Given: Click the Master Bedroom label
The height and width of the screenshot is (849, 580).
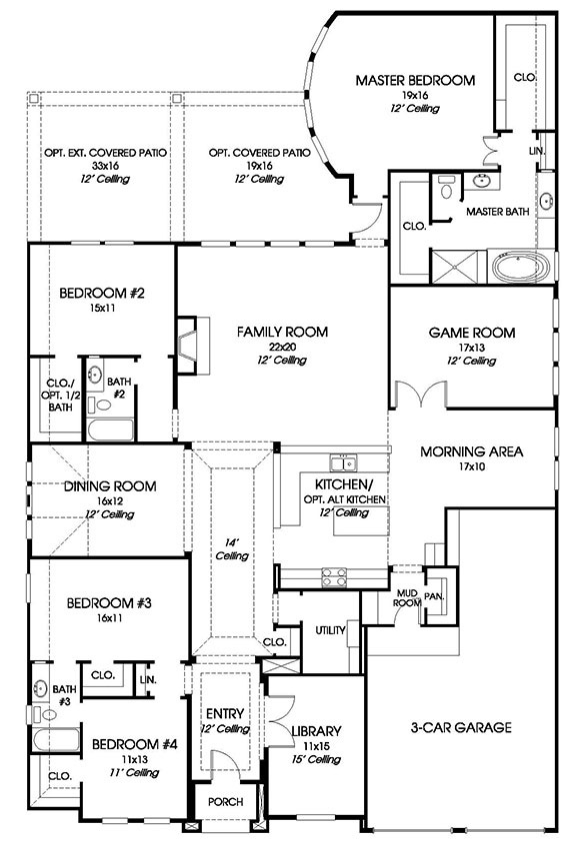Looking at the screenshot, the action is pos(415,80).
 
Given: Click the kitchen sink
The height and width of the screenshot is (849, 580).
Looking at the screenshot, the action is pos(343,463).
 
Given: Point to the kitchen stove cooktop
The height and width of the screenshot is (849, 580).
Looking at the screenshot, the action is pos(334,577).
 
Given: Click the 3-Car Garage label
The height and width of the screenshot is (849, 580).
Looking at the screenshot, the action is pos(461,727).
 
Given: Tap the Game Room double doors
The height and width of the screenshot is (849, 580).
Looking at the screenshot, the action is pos(421,394).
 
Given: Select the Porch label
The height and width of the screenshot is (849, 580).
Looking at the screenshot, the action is pos(225,801).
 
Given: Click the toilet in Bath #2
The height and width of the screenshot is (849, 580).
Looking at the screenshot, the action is pos(99,404).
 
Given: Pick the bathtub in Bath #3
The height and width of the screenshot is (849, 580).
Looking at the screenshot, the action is pos(55,739).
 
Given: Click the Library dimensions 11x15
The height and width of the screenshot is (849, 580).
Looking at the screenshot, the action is pos(316,746).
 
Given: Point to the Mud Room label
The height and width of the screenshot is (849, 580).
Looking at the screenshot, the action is pos(407,597).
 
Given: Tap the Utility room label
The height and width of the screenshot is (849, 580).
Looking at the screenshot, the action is pos(330,630).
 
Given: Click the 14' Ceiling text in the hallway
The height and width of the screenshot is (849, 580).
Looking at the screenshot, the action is pos(232,549).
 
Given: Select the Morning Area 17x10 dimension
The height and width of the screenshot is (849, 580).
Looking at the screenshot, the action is pos(471,466).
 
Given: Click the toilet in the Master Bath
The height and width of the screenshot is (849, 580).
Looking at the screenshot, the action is pos(447,187).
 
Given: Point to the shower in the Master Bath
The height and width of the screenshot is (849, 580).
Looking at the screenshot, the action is pos(455,266).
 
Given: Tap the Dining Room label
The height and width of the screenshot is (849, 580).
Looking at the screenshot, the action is pos(110,486).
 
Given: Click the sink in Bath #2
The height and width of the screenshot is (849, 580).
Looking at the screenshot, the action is pos(96,375).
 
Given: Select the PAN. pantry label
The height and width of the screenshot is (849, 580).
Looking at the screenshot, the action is pos(434,596).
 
